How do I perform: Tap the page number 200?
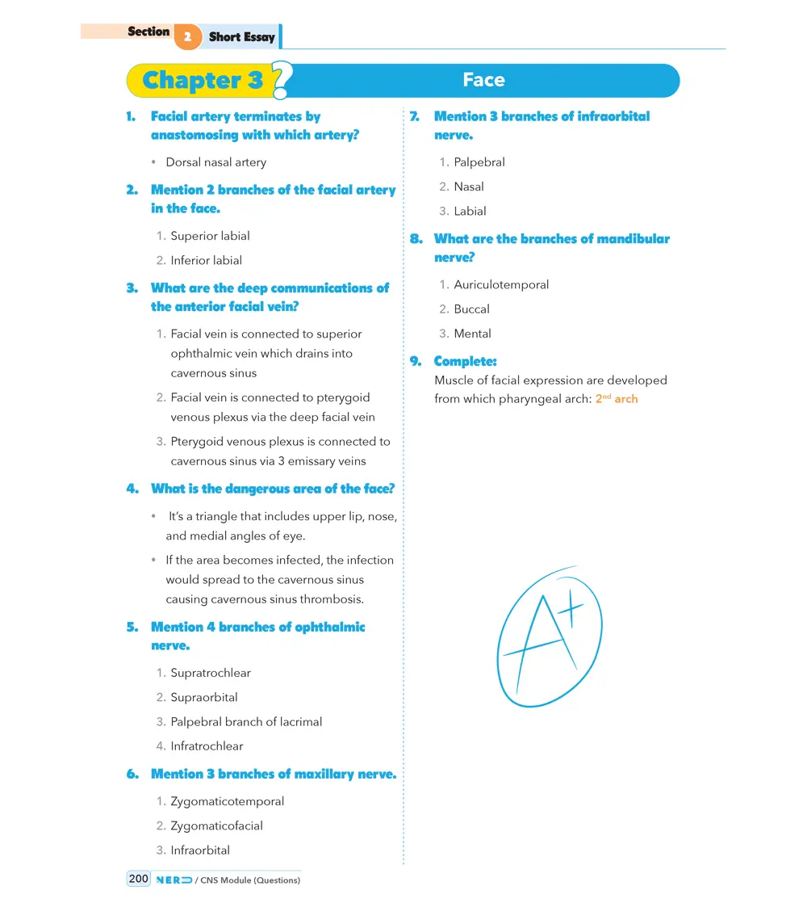pyautogui.click(x=139, y=879)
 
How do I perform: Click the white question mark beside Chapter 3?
pyautogui.click(x=282, y=81)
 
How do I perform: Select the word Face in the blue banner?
pyautogui.click(x=483, y=80)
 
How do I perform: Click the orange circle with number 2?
pyautogui.click(x=187, y=37)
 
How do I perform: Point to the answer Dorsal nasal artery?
pyautogui.click(x=215, y=162)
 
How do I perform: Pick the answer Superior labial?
pyautogui.click(x=210, y=236)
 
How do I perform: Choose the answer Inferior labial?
pyautogui.click(x=206, y=260)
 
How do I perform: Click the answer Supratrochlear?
pyautogui.click(x=211, y=673)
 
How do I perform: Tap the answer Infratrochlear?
pyautogui.click(x=207, y=746)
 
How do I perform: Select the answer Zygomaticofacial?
pyautogui.click(x=216, y=825)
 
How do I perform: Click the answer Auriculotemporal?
pyautogui.click(x=501, y=284)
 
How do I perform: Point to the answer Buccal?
pyautogui.click(x=471, y=309)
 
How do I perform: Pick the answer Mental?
pyautogui.click(x=472, y=334)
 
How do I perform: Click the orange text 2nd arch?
pyautogui.click(x=617, y=399)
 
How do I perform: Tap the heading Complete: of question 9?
pyautogui.click(x=465, y=361)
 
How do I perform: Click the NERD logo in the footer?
pyautogui.click(x=174, y=880)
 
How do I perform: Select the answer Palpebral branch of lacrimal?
pyautogui.click(x=246, y=721)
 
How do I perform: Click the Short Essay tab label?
pyautogui.click(x=241, y=37)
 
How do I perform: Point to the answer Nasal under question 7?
pyautogui.click(x=469, y=187)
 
